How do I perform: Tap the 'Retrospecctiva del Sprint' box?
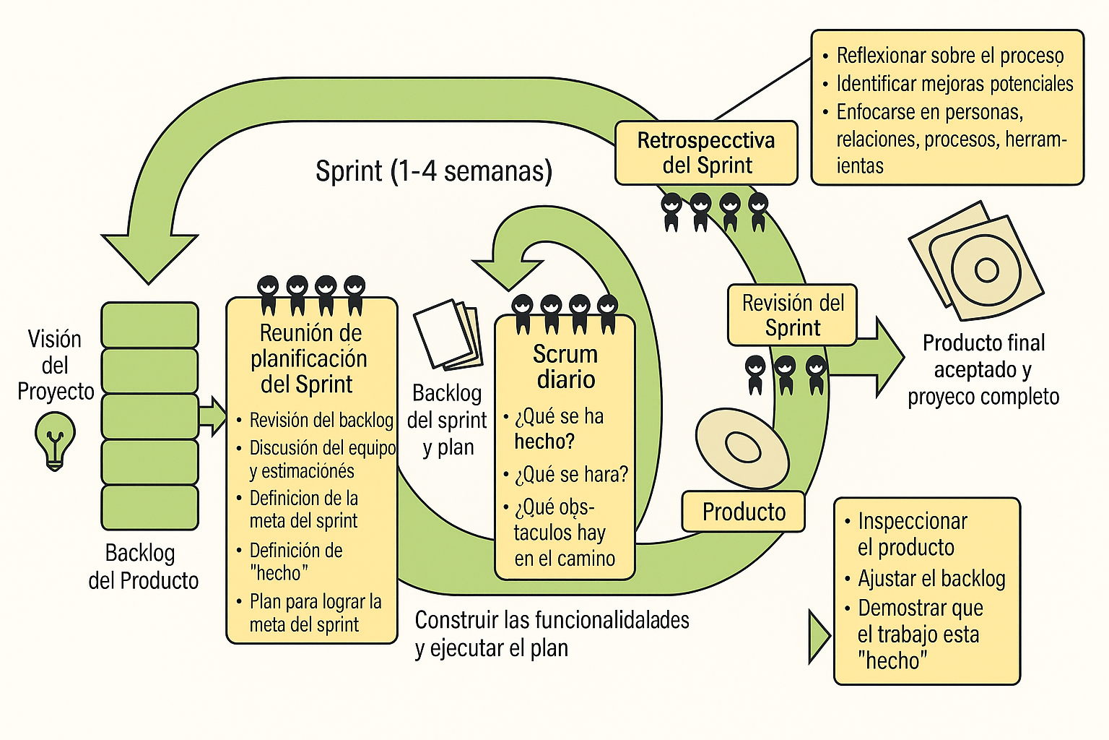[706, 152]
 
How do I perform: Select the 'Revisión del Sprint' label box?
[792, 315]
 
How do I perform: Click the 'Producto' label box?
[743, 512]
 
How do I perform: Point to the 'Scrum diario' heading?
[565, 366]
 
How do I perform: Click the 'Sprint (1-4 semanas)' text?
[434, 171]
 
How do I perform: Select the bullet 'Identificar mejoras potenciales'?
[954, 84]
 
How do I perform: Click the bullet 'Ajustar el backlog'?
[931, 578]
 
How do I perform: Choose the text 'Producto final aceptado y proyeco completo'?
[983, 369]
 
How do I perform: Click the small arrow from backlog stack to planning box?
[212, 416]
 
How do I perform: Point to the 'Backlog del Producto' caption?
[142, 567]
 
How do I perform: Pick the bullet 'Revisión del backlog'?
[321, 420]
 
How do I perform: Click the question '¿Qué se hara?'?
[570, 475]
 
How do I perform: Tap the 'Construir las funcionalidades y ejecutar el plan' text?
[552, 633]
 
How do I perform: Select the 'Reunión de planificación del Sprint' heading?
[310, 358]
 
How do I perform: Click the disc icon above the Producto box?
[741, 447]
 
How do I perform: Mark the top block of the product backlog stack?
[149, 324]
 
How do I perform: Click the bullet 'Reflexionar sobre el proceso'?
[949, 56]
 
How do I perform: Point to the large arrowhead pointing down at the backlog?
[149, 257]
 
